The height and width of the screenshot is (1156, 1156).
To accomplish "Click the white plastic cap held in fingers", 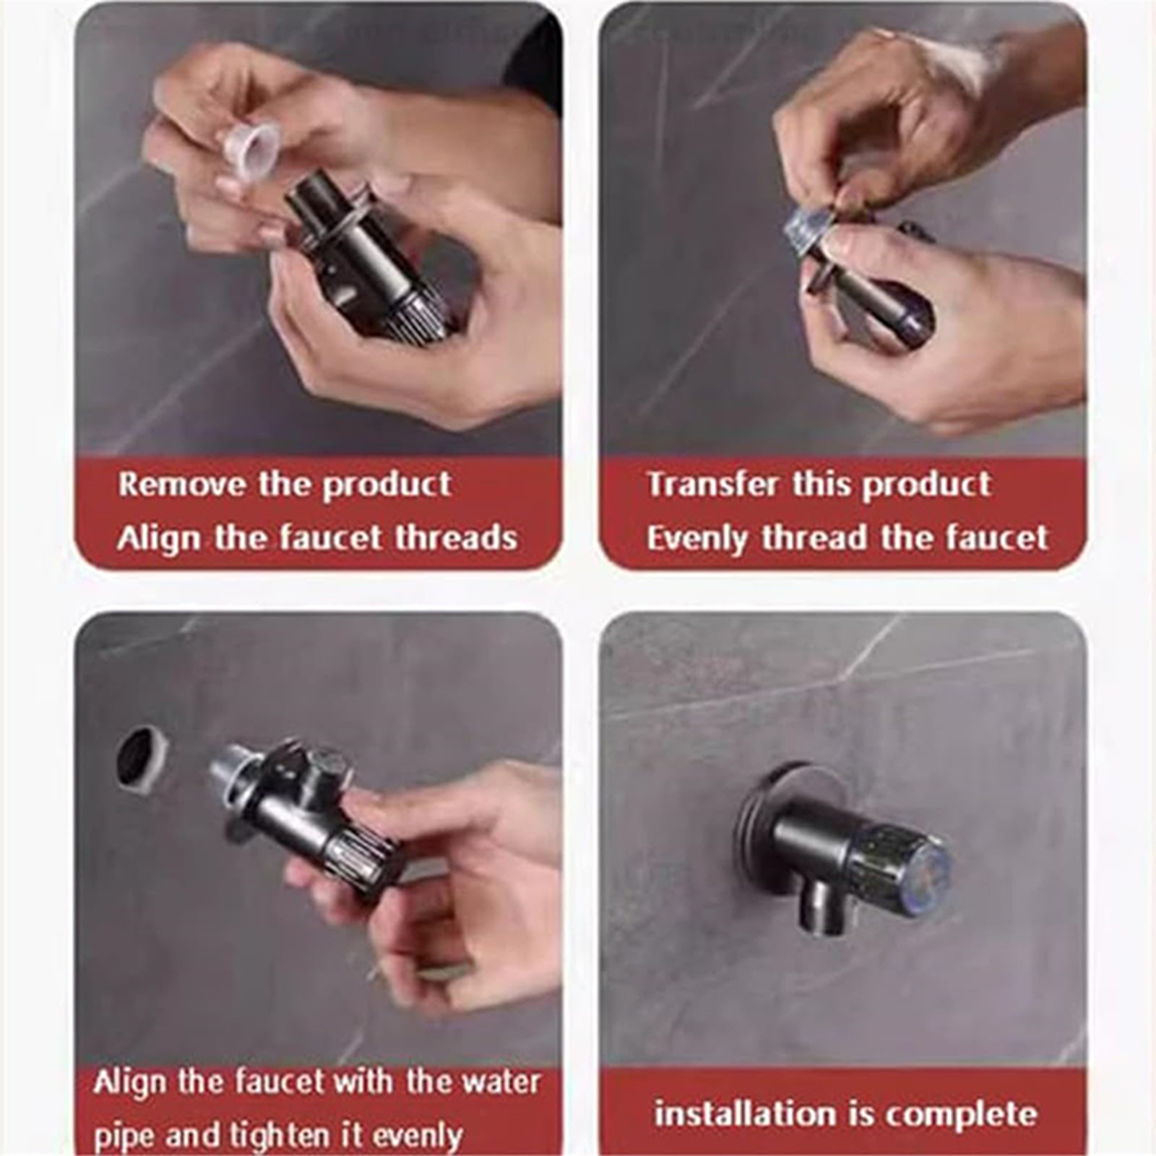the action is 250,150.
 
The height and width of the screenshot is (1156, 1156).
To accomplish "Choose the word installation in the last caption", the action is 745,1113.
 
